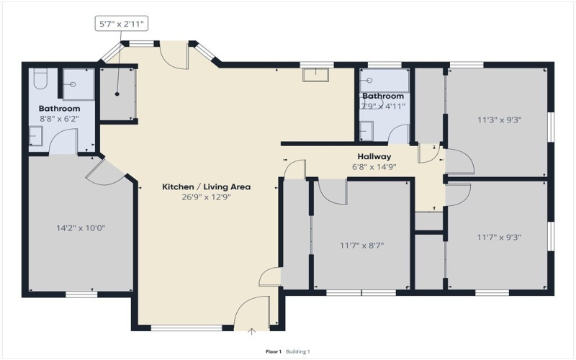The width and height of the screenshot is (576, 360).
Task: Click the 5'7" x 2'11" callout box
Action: point(122,24)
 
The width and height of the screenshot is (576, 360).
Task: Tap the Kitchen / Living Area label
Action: point(207,186)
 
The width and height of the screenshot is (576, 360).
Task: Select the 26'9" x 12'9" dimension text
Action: point(207,197)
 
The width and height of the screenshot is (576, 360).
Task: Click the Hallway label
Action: point(374,157)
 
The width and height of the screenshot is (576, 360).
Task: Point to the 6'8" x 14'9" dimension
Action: point(374,167)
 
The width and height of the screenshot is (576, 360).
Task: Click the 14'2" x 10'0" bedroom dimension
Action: point(81,228)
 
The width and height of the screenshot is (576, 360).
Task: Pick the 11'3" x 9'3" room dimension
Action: point(500,120)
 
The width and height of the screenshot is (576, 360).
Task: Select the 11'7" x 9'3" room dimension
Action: point(499,238)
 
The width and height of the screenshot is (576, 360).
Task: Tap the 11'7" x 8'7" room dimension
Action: point(362,245)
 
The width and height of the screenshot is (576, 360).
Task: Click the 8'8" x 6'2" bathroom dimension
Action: point(60,119)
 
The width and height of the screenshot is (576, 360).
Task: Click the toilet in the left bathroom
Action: point(40,78)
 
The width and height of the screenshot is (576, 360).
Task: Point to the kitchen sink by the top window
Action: point(316,75)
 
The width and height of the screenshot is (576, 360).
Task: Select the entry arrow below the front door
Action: point(251,332)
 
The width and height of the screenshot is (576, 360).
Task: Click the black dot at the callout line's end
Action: point(117,94)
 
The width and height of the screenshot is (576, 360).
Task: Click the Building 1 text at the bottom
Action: point(298,352)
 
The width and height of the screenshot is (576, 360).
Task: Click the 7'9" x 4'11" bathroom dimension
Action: point(383,106)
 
